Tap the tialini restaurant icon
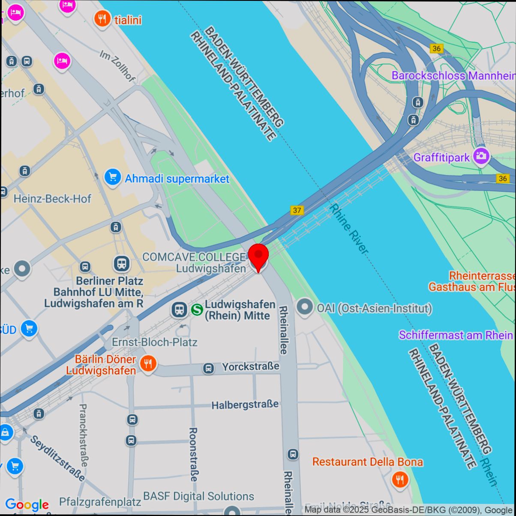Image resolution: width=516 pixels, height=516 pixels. click(x=102, y=19)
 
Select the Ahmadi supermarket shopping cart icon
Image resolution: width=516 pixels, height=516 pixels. click(x=112, y=177)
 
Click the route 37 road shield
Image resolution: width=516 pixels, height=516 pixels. click(x=297, y=210)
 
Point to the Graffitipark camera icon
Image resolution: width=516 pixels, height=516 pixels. click(x=481, y=156)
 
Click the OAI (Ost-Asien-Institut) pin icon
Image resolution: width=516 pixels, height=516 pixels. click(x=305, y=308)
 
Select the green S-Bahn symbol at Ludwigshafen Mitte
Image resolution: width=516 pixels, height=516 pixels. click(x=197, y=309)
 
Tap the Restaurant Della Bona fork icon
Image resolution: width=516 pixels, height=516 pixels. click(x=400, y=479)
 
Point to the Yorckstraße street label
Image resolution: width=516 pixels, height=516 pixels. click(x=250, y=366)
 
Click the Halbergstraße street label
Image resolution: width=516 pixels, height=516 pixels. click(x=245, y=404)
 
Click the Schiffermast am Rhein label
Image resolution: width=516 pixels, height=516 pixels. click(x=456, y=335)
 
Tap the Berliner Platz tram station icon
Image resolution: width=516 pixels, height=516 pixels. click(x=122, y=264)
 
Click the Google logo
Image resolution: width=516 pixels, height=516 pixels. click(x=27, y=505)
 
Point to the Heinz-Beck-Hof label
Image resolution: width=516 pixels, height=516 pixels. click(x=52, y=199)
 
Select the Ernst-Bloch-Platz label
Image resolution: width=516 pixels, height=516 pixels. click(x=154, y=342)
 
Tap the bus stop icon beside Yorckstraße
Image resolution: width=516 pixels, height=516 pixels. click(x=209, y=368)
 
